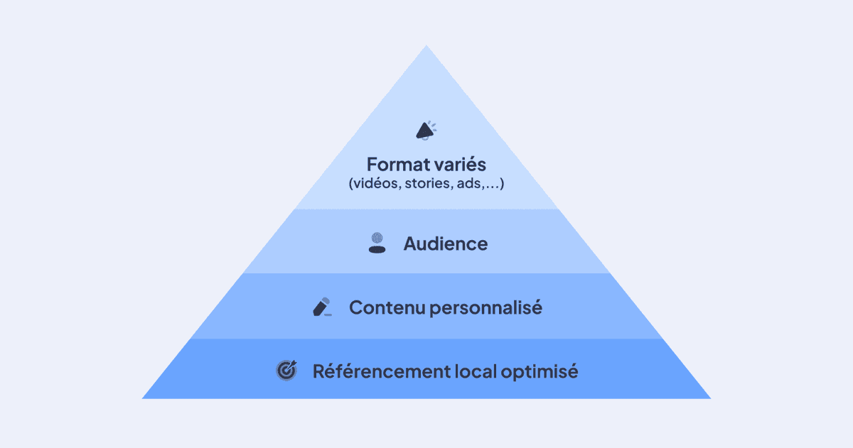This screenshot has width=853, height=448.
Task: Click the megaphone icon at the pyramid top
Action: pos(425,130)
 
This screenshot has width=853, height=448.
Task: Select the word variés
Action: pos(460,165)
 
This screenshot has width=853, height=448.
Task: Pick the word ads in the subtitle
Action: pos(463,184)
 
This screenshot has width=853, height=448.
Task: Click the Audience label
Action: pos(446,244)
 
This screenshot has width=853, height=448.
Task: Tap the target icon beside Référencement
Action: pos(286,371)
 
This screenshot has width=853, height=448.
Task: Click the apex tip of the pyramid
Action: pos(426,47)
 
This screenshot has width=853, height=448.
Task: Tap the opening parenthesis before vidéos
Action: pos(351,185)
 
